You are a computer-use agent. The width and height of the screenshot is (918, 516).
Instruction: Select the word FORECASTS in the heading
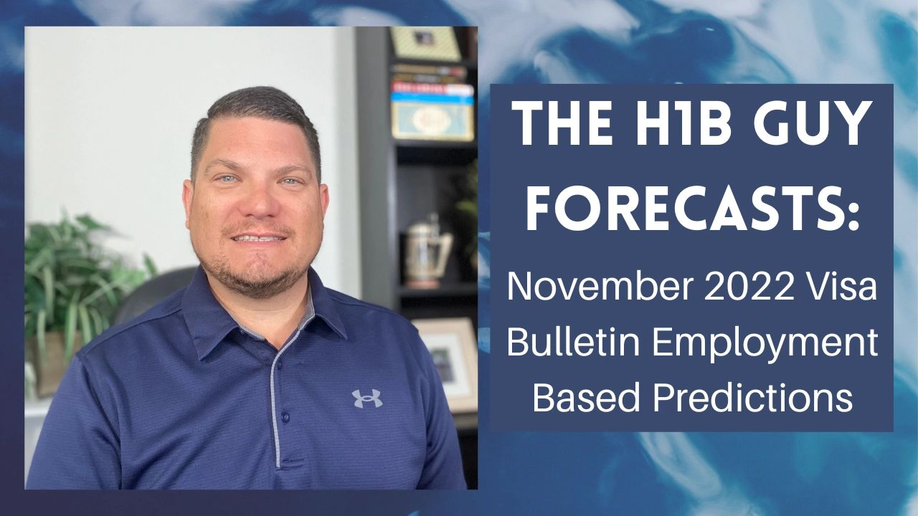[x=685, y=206]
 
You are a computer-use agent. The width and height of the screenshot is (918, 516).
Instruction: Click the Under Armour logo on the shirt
[x=366, y=398]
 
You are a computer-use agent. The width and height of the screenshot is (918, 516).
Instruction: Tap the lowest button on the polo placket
[x=285, y=416]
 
